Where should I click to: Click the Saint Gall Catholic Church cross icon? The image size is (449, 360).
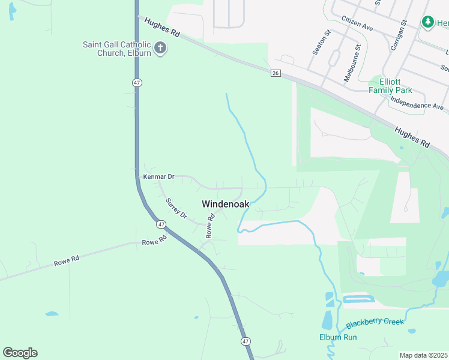(160, 48)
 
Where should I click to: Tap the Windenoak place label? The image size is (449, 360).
(225, 204)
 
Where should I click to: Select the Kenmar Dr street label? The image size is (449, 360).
(158, 177)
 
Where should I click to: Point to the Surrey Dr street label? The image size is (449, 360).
(176, 208)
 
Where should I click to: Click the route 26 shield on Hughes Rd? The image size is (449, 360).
(276, 73)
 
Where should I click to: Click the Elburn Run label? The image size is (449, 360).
(338, 337)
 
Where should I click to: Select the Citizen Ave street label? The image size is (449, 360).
(357, 24)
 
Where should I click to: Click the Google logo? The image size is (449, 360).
(20, 353)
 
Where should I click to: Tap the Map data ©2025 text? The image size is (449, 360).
(424, 355)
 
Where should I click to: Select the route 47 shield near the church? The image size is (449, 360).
(137, 83)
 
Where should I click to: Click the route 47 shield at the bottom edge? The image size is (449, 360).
(246, 341)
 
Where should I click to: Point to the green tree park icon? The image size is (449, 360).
(428, 22)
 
